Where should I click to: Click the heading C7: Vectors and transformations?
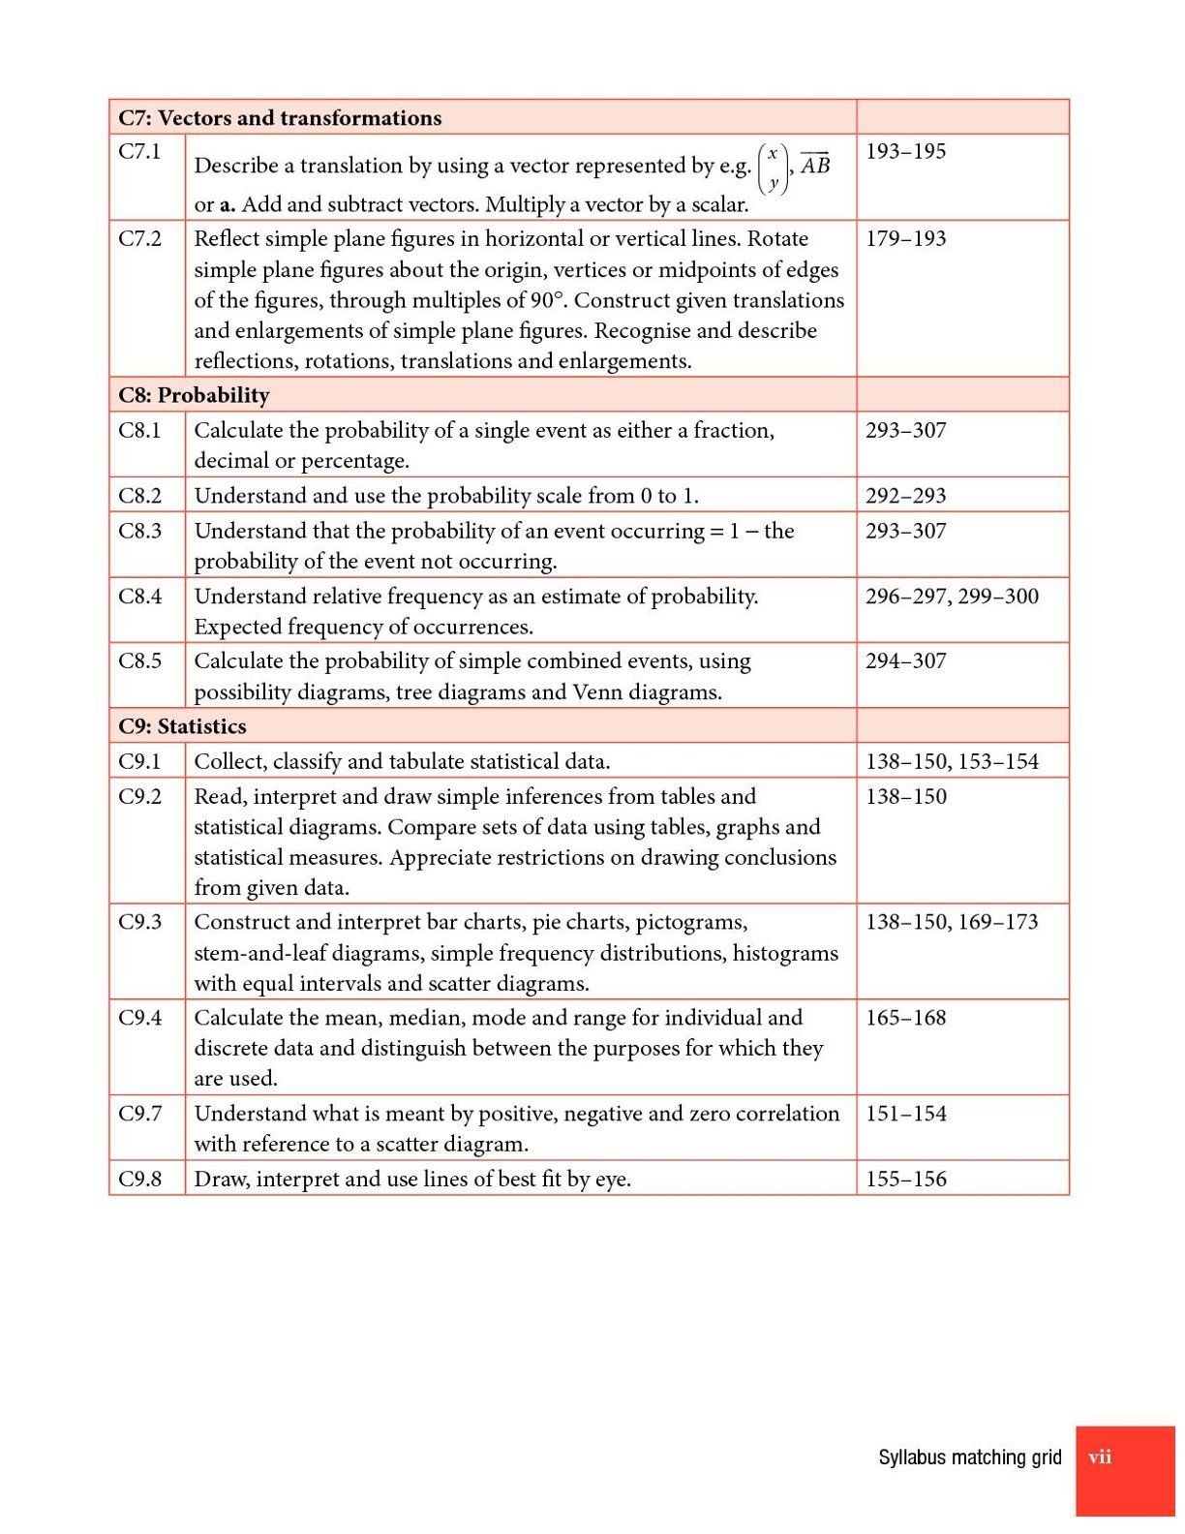pos(280,118)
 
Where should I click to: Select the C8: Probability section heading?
pos(194,395)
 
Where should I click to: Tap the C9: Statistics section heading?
pos(182,726)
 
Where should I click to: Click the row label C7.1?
pos(139,151)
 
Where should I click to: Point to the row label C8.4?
pos(140,597)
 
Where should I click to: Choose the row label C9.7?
pos(140,1114)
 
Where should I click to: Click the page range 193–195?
pos(905,151)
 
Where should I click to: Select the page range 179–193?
pos(905,239)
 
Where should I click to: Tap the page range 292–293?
pos(905,496)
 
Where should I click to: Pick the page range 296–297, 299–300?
pos(952,597)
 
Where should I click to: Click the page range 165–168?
pos(905,1018)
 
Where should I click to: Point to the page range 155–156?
pos(905,1180)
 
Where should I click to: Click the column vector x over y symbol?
pos(773,168)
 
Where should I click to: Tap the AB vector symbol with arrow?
pos(815,165)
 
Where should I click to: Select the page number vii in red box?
pos(1100,1457)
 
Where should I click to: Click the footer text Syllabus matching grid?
pos(969,1457)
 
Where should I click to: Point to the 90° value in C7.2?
pos(546,300)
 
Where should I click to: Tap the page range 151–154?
pos(905,1114)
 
